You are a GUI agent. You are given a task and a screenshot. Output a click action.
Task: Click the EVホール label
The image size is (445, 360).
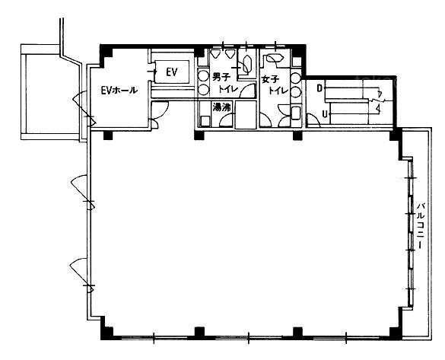tap(119, 91)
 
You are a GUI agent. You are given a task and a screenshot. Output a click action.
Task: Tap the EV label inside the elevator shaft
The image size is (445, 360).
tap(172, 72)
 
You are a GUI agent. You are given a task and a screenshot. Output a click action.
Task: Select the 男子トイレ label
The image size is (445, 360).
tap(224, 83)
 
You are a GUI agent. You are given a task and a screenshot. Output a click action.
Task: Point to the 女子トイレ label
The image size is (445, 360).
tap(275, 84)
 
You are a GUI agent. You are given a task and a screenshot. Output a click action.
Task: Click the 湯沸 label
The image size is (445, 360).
tap(222, 107)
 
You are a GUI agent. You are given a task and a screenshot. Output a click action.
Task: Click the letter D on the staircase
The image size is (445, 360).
tap(319, 88)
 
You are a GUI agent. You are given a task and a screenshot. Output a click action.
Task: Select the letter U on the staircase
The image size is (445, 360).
tap(324, 114)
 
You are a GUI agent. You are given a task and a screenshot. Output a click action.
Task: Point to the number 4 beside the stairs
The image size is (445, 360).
tap(378, 108)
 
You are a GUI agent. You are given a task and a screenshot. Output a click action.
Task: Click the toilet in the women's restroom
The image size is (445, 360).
tap(275, 59)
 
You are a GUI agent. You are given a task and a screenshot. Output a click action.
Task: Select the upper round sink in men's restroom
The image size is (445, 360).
tap(204, 76)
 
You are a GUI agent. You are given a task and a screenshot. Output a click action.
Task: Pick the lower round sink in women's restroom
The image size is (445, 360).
tap(295, 91)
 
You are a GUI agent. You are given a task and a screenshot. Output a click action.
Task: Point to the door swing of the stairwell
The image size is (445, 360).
tap(313, 119)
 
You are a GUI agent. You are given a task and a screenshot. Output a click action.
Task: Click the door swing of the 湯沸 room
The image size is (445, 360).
tap(226, 119)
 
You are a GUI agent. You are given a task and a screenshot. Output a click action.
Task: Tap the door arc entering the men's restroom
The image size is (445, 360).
tap(247, 90)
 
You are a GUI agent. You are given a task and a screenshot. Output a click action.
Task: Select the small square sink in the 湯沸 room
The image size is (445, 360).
tap(205, 121)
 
